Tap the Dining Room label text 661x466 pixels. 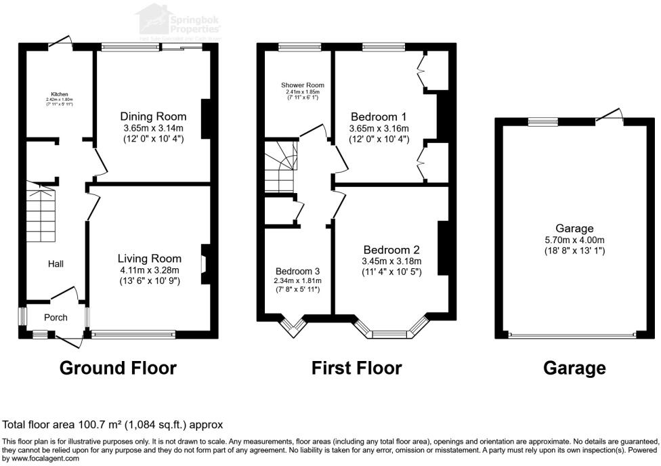(x=153, y=116)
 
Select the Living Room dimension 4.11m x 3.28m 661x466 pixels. (x=150, y=270)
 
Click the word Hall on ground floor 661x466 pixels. (x=56, y=263)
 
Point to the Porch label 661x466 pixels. (x=56, y=317)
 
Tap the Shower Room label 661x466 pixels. (x=303, y=85)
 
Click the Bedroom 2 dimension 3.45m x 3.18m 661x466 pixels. (x=392, y=261)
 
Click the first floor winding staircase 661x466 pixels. (x=280, y=168)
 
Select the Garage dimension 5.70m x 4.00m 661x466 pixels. (x=574, y=240)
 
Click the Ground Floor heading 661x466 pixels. (x=118, y=368)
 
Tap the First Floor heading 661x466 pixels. (x=356, y=368)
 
